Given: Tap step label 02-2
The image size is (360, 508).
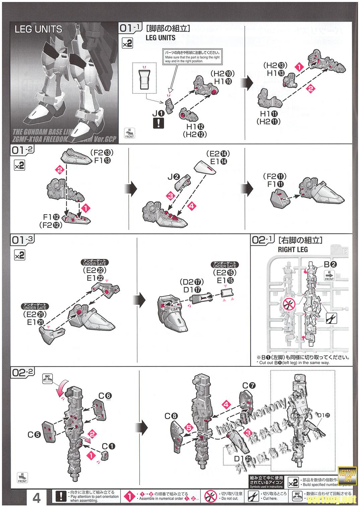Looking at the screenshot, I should click(22, 372).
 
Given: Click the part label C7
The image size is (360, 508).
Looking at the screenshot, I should click(249, 386).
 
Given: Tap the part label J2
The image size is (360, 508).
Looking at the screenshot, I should click(174, 177).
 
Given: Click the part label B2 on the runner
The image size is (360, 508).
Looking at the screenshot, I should click(330, 264).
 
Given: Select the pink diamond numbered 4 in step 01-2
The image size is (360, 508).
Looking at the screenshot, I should click(192, 206).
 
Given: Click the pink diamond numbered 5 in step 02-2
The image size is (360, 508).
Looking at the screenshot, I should click(189, 428).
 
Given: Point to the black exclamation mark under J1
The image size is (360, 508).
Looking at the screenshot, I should click(158, 123).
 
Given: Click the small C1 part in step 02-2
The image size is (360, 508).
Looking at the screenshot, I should click(104, 455).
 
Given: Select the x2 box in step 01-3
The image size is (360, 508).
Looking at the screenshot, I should click(19, 255).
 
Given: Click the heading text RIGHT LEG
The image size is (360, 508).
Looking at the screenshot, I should click(293, 249).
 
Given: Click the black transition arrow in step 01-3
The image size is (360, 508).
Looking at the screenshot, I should click(140, 299).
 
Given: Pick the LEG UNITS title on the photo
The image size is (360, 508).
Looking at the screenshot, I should click(38, 29).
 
